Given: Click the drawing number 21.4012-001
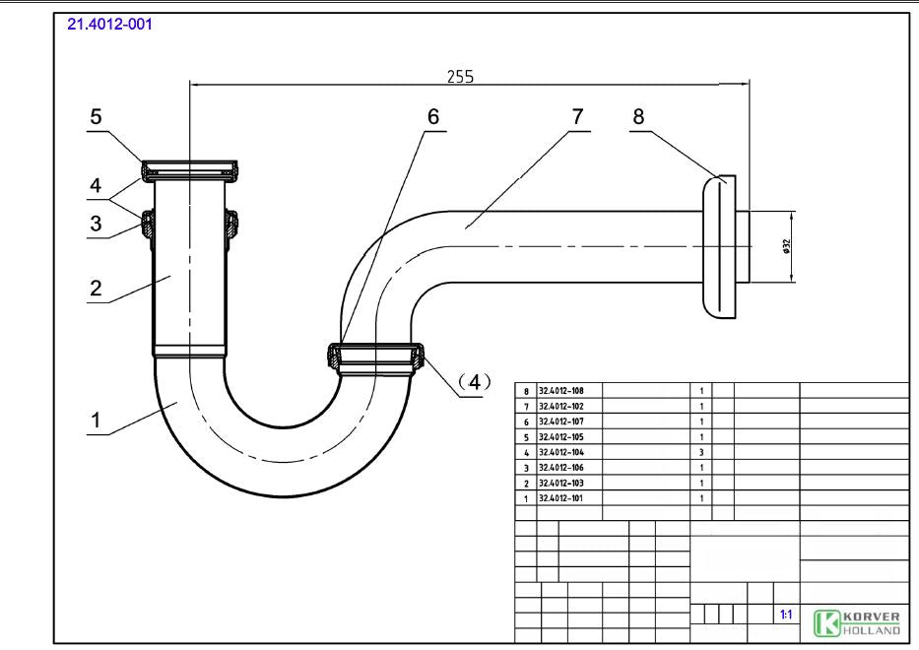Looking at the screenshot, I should (x=109, y=23).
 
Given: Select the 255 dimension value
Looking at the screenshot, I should (x=459, y=77).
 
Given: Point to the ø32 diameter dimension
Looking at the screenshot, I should (x=786, y=245).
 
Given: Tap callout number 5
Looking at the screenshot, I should (x=96, y=116).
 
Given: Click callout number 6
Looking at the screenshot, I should (x=432, y=115).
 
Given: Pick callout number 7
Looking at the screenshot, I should (x=577, y=115).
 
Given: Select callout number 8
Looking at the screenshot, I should (x=639, y=115).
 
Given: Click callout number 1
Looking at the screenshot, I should (x=96, y=421).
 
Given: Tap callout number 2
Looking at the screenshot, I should (x=96, y=288).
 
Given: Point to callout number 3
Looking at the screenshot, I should (x=96, y=224).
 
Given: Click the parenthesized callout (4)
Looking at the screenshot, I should (x=474, y=381).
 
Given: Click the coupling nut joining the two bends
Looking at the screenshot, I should (x=375, y=358).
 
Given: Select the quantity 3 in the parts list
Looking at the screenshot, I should (x=700, y=452).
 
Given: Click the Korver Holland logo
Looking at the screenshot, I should (x=856, y=622).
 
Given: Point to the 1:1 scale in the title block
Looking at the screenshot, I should (x=786, y=615).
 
